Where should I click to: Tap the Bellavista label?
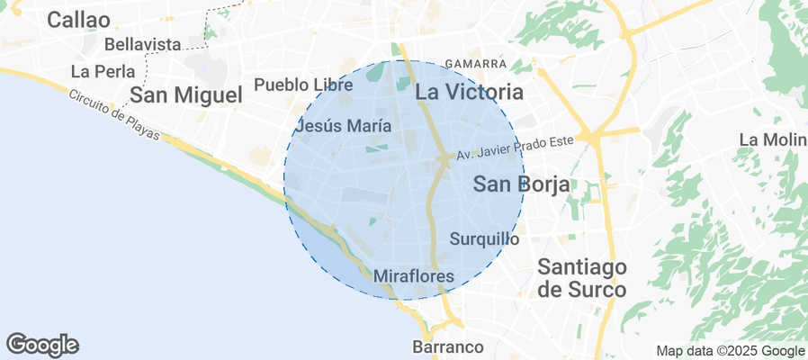coord(144,43)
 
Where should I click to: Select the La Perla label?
coord(103,71)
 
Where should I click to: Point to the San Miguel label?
coord(186,94)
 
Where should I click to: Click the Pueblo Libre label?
coord(303,85)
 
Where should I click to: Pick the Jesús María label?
coord(343,125)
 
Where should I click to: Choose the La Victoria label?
coord(469,92)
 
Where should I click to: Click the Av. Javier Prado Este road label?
coord(515,154)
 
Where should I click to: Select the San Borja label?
coord(521,184)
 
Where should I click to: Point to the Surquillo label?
coord(484,239)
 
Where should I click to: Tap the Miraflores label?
coord(413,276)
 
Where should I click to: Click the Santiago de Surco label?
coord(581,278)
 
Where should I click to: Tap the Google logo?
coord(42,344)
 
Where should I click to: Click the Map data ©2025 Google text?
coord(730,351)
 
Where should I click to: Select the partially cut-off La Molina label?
coord(772,139)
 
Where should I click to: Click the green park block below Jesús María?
coord(378,148)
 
